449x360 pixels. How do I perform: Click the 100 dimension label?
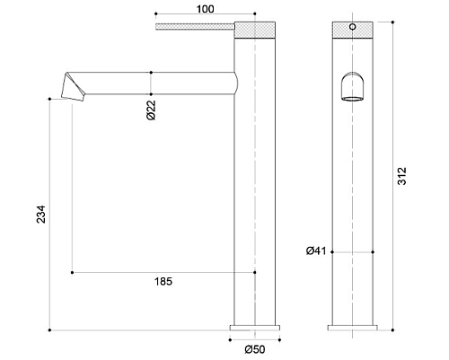click(206, 9)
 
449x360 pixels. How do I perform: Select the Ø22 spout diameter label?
click(152, 110)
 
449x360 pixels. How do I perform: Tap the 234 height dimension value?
click(40, 214)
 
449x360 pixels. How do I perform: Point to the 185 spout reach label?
click(163, 282)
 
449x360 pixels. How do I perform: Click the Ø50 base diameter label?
click(255, 349)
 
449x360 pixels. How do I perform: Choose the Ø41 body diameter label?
click(316, 250)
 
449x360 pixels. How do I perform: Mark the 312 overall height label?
click(402, 176)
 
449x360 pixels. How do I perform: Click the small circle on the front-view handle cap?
click(353, 27)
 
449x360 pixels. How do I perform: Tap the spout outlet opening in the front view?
click(353, 99)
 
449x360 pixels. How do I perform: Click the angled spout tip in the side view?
click(73, 86)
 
